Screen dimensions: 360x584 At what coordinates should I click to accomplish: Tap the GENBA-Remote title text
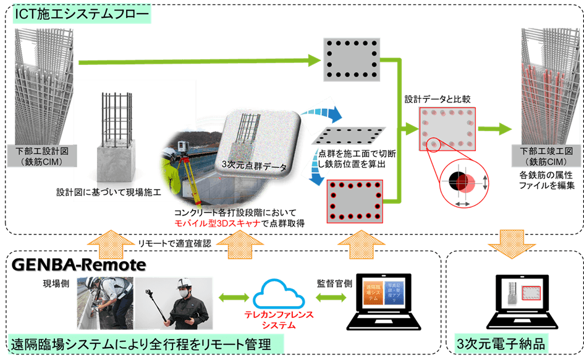click(80, 266)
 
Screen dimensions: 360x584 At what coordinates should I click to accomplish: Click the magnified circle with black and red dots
click(464, 179)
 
